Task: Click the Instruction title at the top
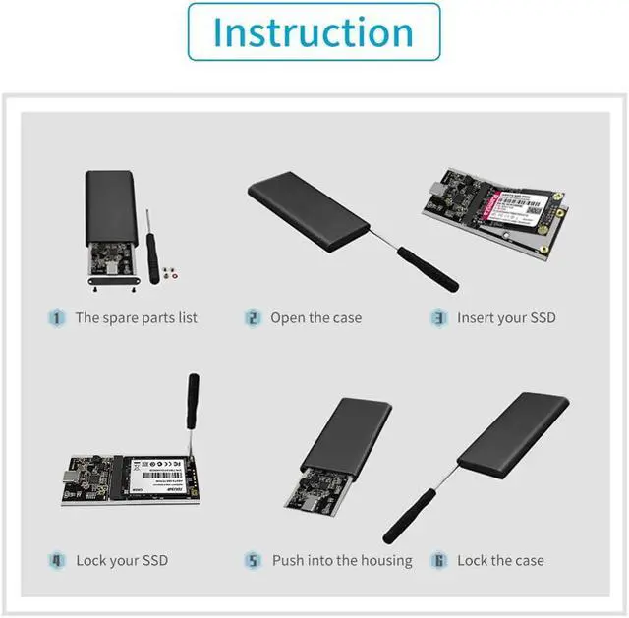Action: click(x=314, y=31)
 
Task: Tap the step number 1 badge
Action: click(x=57, y=318)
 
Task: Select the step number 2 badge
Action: click(x=254, y=318)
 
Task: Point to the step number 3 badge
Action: click(x=439, y=318)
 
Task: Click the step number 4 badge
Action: click(x=57, y=561)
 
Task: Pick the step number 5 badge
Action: click(x=254, y=561)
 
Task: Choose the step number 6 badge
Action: click(x=439, y=561)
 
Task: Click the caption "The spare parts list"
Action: click(x=136, y=318)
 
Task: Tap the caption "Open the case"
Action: click(x=316, y=318)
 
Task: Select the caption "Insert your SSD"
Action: click(x=506, y=318)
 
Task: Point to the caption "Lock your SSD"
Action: click(x=122, y=561)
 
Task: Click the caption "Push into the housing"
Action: click(x=342, y=561)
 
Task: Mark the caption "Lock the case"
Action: click(x=500, y=561)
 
